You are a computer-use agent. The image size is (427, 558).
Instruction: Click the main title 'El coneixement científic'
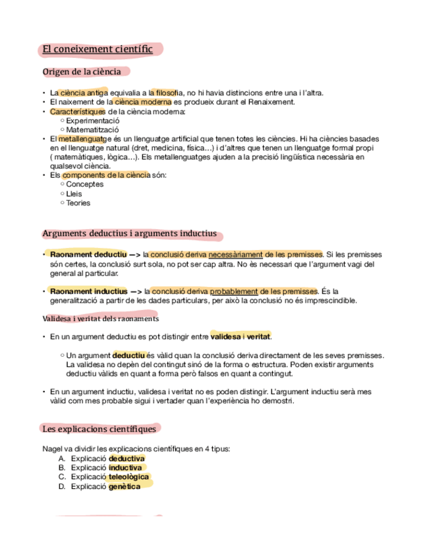[x=97, y=49]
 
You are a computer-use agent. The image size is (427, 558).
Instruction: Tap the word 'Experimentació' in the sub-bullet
[x=93, y=121]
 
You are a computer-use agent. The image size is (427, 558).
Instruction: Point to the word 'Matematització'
[x=93, y=130]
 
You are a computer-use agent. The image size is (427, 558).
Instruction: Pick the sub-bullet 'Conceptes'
[x=85, y=184]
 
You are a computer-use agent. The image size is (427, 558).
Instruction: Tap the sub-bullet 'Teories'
[x=78, y=203]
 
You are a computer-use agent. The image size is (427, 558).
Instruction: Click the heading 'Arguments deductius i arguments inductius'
[x=129, y=234]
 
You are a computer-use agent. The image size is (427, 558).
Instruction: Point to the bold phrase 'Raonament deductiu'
[x=88, y=255]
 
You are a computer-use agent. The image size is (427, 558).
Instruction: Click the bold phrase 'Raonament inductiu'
[x=88, y=291]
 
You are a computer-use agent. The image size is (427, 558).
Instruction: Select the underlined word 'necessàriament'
[x=235, y=255]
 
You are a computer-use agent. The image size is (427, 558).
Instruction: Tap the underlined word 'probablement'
[x=234, y=291]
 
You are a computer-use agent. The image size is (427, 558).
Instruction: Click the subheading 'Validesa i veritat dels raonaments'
[x=100, y=318]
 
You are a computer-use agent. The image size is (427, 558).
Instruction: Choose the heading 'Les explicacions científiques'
[x=99, y=429]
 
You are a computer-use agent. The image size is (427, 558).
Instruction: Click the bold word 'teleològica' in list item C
[x=129, y=476]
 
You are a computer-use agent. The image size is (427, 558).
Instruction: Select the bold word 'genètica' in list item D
[x=125, y=486]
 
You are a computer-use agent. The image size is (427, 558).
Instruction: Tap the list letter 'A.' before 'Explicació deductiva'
[x=62, y=458]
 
